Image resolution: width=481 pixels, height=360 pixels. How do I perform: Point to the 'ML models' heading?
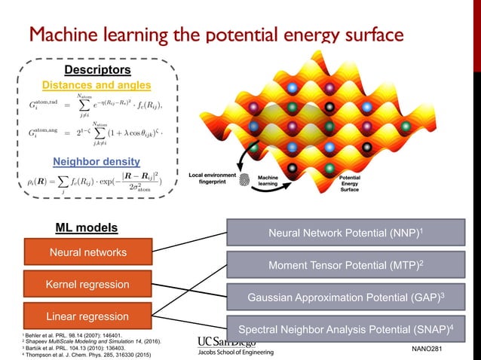(87, 227)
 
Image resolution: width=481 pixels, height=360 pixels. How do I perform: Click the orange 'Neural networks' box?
(88, 252)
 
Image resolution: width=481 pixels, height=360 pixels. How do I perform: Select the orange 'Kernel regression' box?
(88, 285)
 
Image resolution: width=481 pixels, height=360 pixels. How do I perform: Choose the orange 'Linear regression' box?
(88, 316)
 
